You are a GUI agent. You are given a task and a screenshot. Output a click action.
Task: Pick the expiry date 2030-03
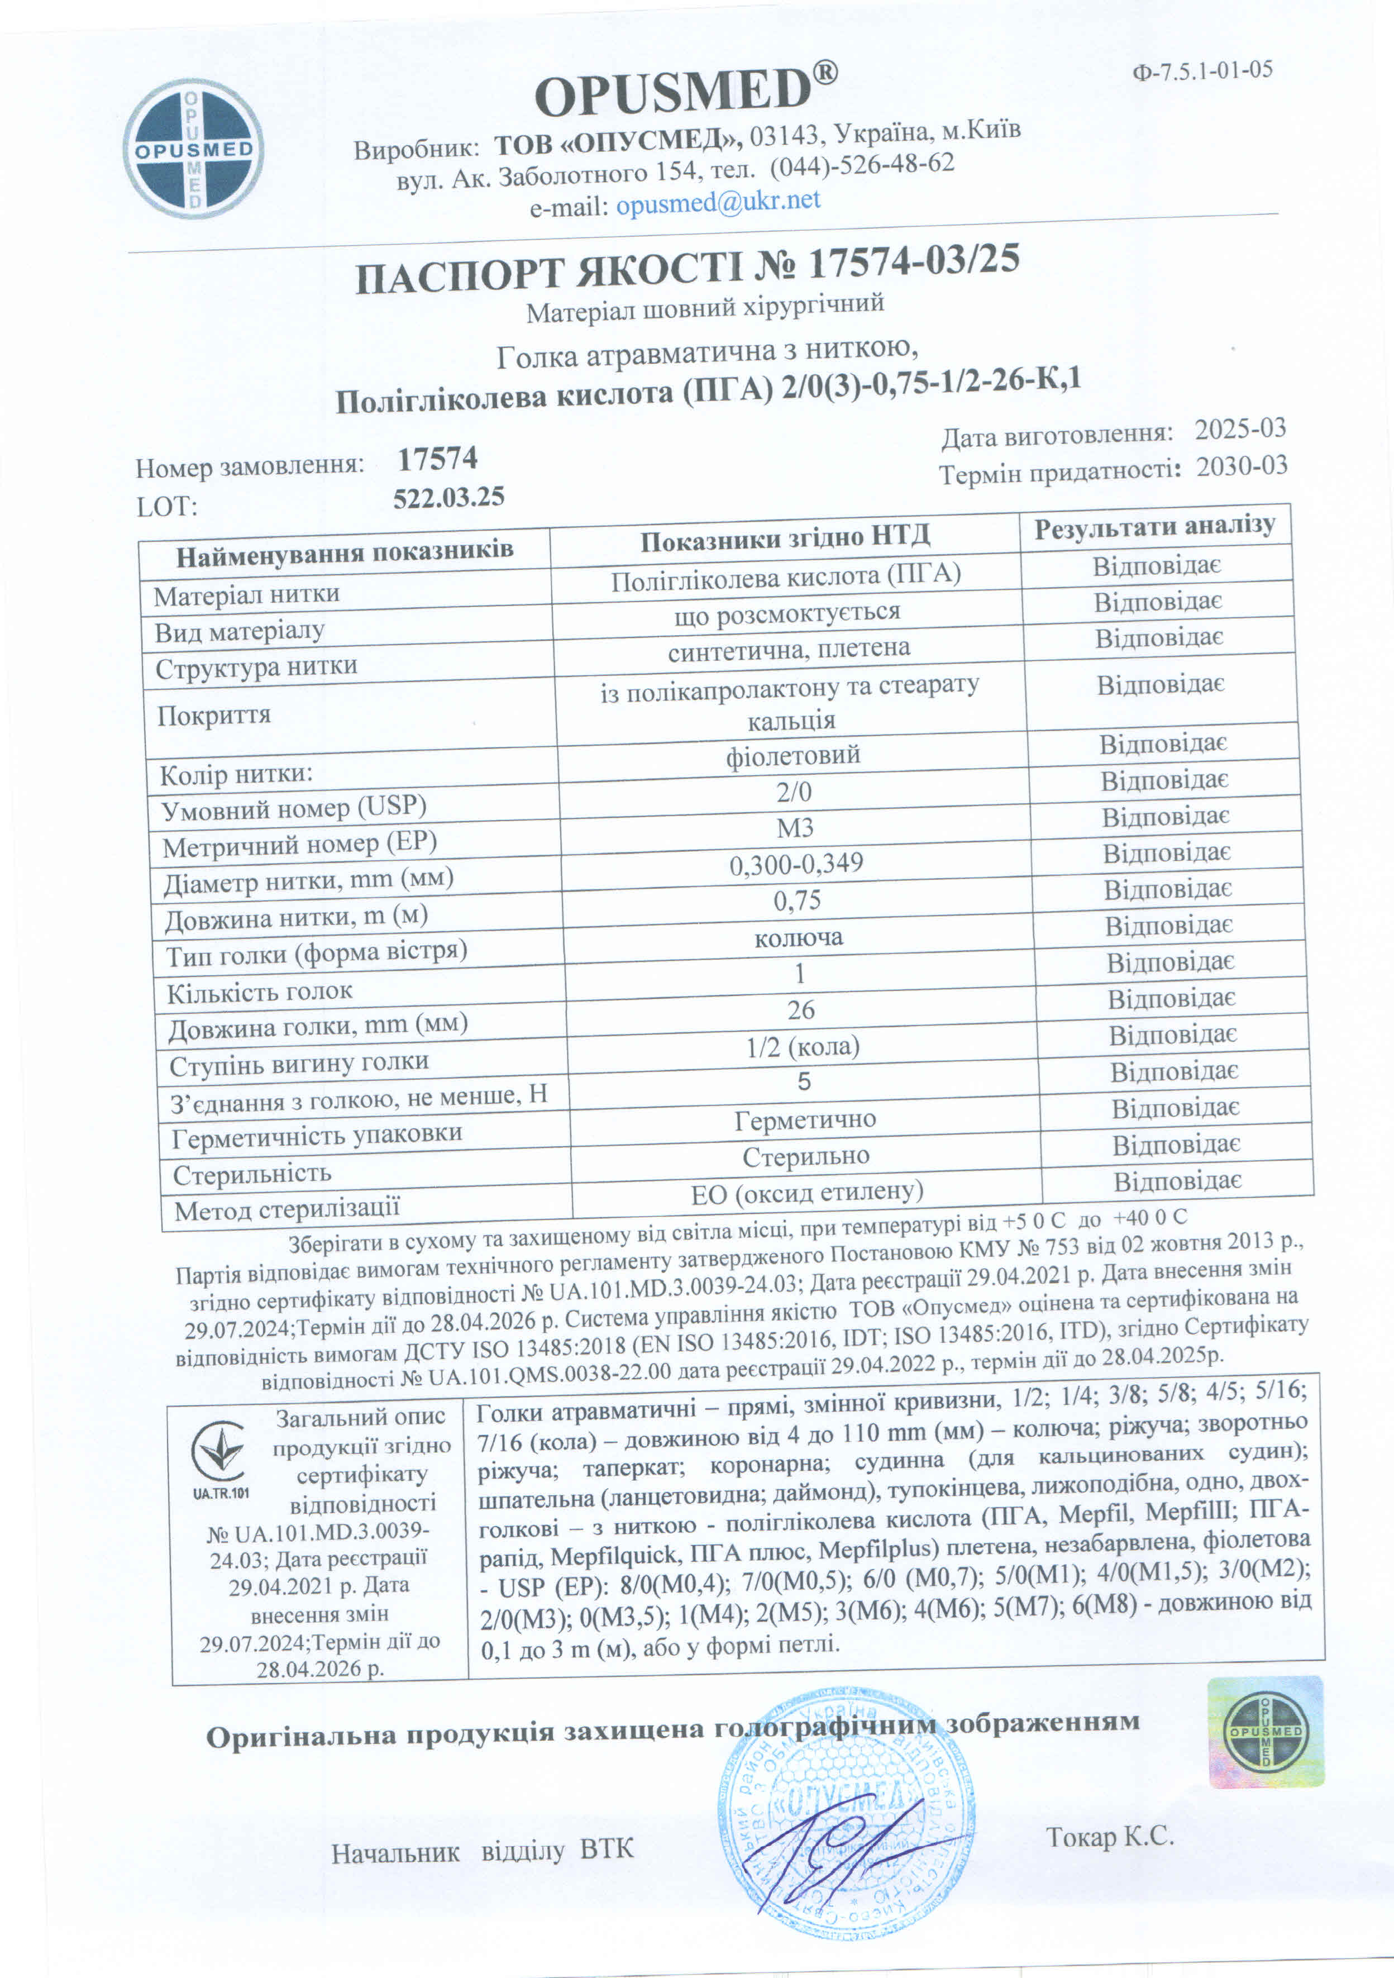pyautogui.click(x=1242, y=466)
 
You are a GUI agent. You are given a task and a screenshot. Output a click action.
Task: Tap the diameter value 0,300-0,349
pyautogui.click(x=796, y=863)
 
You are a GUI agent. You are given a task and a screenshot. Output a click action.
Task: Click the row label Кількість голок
pyautogui.click(x=259, y=992)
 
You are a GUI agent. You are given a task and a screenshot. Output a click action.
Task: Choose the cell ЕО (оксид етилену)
pyautogui.click(x=806, y=1192)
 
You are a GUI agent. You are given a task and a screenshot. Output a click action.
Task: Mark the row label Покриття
pyautogui.click(x=214, y=715)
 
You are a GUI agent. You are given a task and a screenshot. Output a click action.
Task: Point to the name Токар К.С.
pyautogui.click(x=1110, y=1837)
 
